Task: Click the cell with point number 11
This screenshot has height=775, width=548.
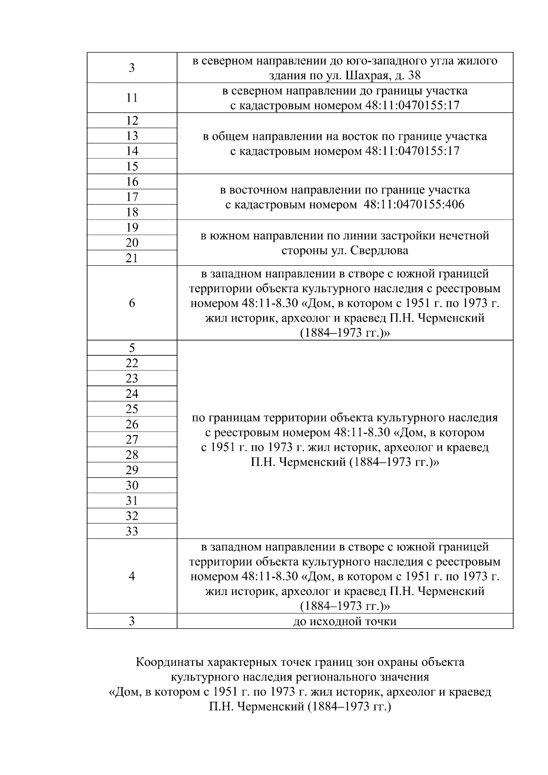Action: point(132,98)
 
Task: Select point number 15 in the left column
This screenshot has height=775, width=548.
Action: point(132,166)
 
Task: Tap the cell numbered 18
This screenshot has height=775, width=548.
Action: point(132,212)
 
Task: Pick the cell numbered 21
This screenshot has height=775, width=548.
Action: point(132,258)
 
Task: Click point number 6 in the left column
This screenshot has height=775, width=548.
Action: point(132,303)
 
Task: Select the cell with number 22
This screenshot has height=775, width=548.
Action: point(132,363)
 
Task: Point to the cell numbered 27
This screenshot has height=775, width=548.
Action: point(132,439)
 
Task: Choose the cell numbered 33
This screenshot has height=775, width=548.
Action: point(132,531)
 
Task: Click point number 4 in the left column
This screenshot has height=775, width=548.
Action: point(132,576)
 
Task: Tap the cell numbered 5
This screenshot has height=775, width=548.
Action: point(132,348)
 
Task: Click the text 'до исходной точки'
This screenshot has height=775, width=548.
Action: point(345,622)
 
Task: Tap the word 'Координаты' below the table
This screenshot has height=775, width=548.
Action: point(170,662)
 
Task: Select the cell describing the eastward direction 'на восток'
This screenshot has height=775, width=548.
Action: point(345,143)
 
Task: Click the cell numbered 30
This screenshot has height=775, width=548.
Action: point(132,485)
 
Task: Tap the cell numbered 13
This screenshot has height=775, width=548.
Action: point(132,136)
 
